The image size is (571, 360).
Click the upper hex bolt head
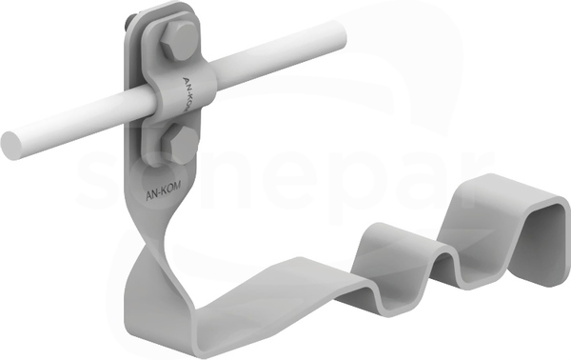[x=178, y=40]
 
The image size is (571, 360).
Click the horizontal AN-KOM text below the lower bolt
[x=163, y=191]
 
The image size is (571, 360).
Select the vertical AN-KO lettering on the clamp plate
[x=187, y=93]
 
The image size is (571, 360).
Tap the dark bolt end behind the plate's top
[x=130, y=21]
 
